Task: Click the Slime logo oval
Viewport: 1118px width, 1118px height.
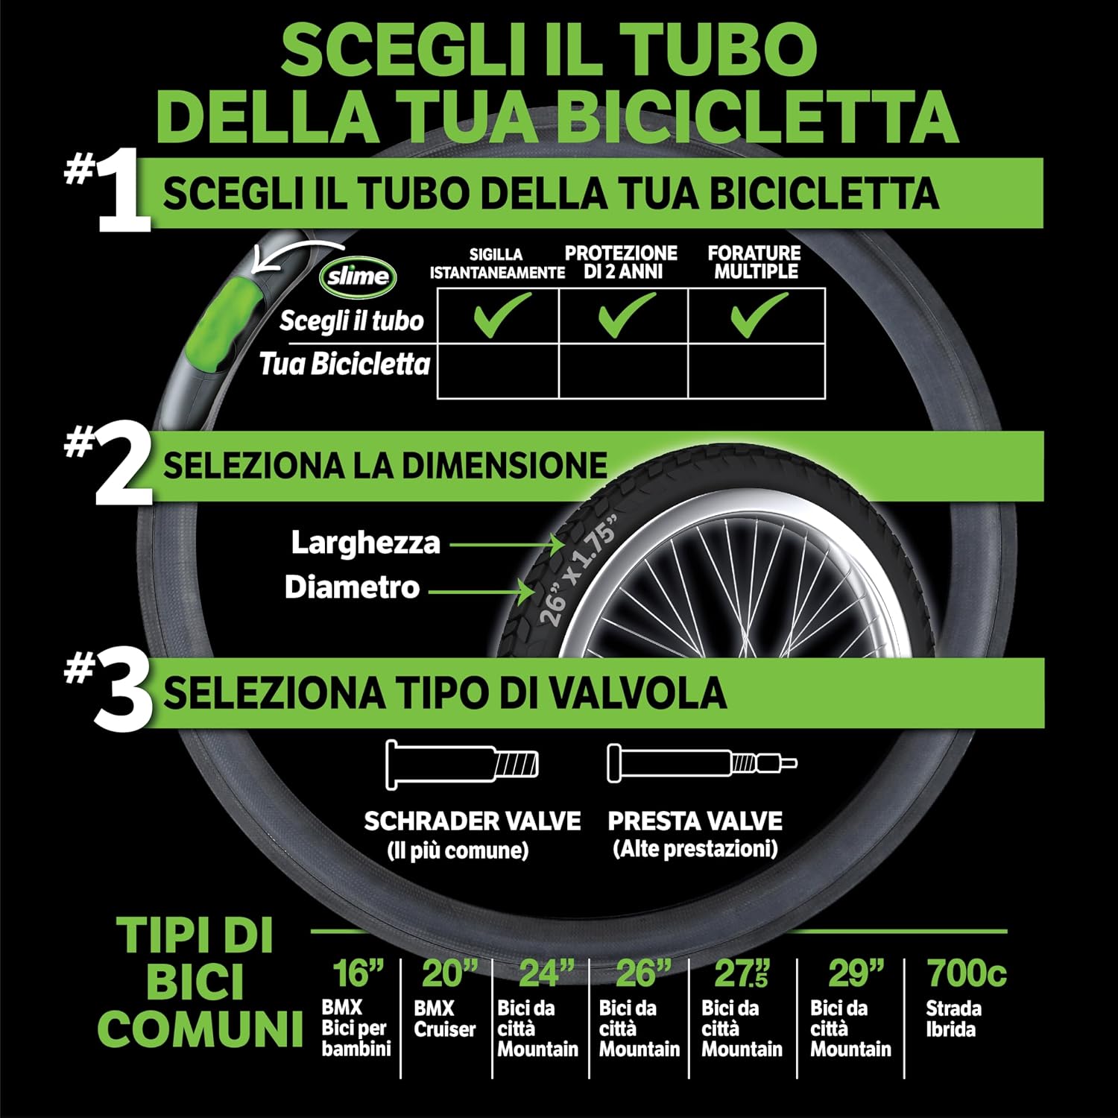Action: click(x=359, y=277)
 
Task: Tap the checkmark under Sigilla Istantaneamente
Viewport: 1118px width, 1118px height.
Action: click(x=502, y=315)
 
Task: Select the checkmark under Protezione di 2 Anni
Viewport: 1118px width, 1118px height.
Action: click(x=627, y=315)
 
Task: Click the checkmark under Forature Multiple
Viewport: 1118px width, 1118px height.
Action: click(x=759, y=315)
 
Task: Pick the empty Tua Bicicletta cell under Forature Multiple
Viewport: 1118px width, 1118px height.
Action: click(x=757, y=370)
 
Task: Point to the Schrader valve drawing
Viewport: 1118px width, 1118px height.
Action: click(x=462, y=765)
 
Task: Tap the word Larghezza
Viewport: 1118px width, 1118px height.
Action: click(x=365, y=543)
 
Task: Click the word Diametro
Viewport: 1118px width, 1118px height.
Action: click(x=352, y=587)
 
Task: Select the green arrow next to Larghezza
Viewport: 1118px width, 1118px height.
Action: click(x=508, y=545)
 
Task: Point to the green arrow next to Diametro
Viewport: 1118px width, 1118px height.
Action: click(x=481, y=593)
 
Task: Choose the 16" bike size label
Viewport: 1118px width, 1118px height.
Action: click(x=357, y=973)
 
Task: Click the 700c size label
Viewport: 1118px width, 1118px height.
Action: click(x=967, y=973)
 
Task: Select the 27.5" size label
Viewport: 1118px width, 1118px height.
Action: click(x=742, y=973)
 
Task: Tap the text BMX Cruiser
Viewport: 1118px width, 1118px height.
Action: click(x=444, y=1019)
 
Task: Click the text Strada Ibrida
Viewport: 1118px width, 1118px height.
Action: click(x=953, y=1019)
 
